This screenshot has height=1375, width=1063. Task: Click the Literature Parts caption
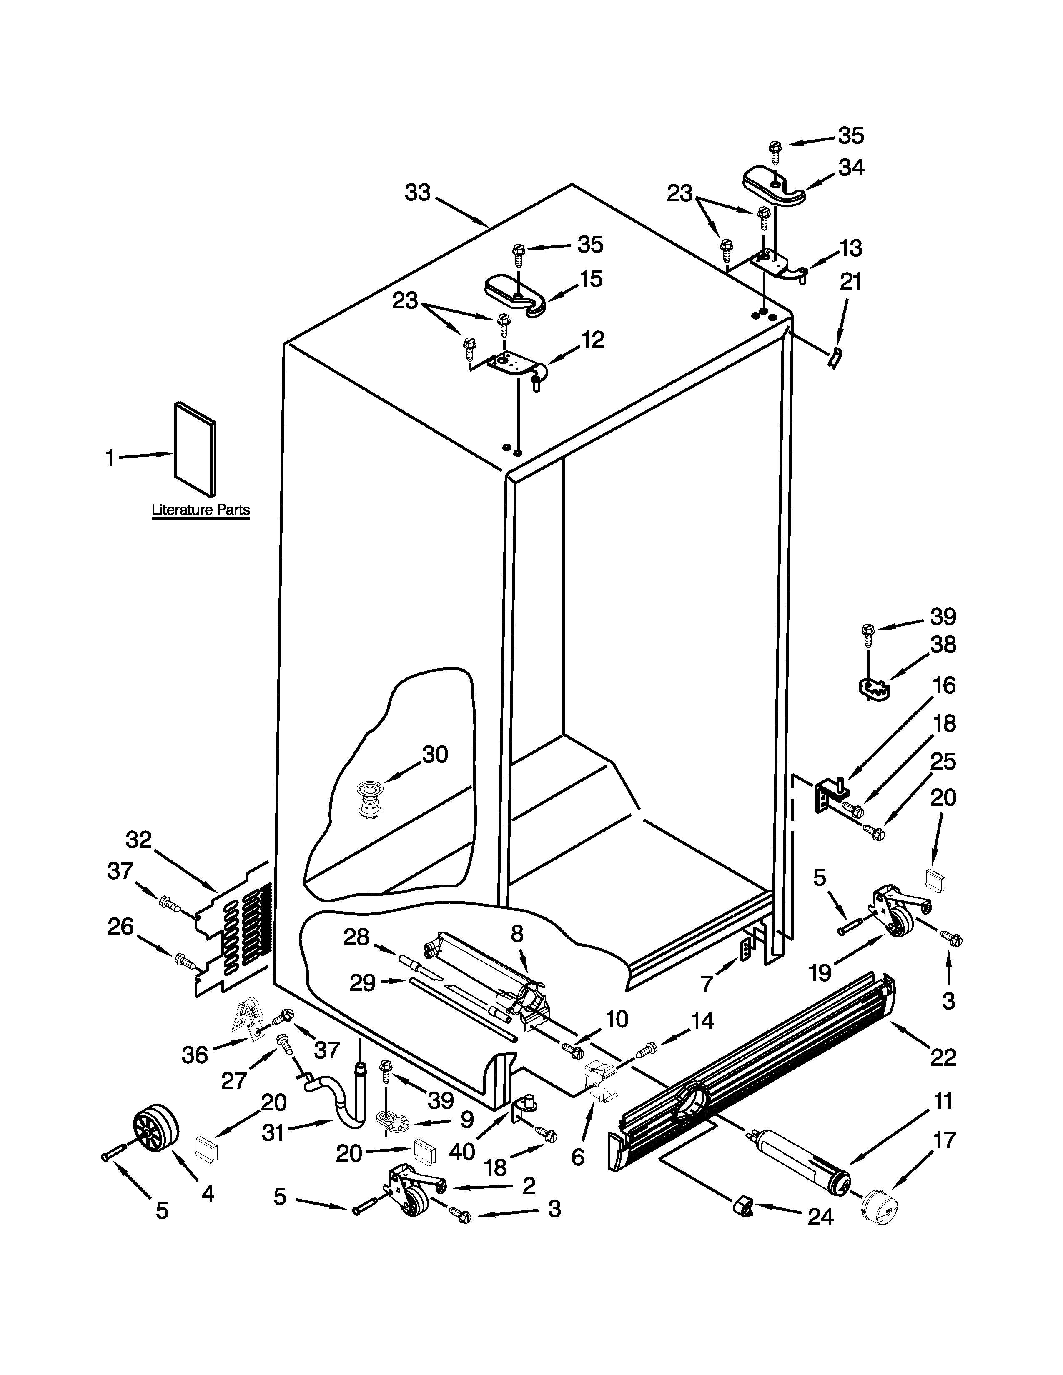click(200, 510)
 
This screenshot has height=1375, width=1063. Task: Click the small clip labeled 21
click(835, 357)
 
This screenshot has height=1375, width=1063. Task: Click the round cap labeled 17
click(880, 1206)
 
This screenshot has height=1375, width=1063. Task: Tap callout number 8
click(516, 934)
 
